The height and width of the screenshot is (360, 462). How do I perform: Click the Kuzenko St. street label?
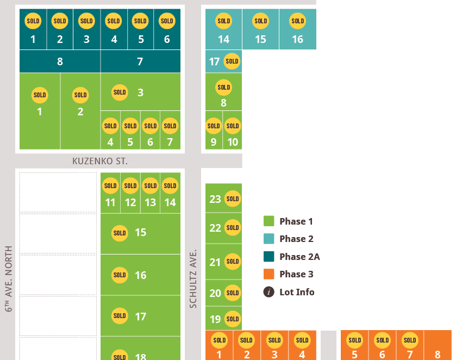(100, 162)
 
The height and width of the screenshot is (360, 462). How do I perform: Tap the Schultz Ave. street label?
(193, 279)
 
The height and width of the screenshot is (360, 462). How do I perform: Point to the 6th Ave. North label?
(9, 278)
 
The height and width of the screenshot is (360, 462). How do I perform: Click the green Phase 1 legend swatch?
(269, 221)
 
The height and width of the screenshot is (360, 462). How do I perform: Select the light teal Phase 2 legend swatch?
(269, 239)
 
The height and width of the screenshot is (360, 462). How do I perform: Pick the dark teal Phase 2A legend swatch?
(269, 257)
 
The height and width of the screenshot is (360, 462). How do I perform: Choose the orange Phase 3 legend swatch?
(269, 274)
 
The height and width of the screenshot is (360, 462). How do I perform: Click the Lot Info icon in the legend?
(269, 292)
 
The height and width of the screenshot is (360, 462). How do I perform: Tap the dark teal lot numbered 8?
(60, 61)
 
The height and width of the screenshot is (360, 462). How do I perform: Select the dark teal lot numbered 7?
(141, 61)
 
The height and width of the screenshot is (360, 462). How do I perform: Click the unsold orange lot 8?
(438, 345)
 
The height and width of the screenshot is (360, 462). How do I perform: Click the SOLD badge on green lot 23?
(233, 198)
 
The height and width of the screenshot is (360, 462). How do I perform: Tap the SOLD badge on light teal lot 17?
(232, 61)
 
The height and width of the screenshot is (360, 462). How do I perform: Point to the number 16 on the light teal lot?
(298, 39)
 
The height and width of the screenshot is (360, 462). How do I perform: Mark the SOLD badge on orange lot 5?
(355, 340)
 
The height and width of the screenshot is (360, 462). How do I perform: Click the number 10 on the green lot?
(233, 142)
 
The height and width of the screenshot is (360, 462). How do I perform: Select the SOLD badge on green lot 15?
(120, 233)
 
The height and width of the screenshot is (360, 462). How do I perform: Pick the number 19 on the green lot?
(215, 319)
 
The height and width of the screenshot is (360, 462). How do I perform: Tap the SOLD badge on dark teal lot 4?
(114, 21)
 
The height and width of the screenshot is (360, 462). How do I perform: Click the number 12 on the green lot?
(130, 202)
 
